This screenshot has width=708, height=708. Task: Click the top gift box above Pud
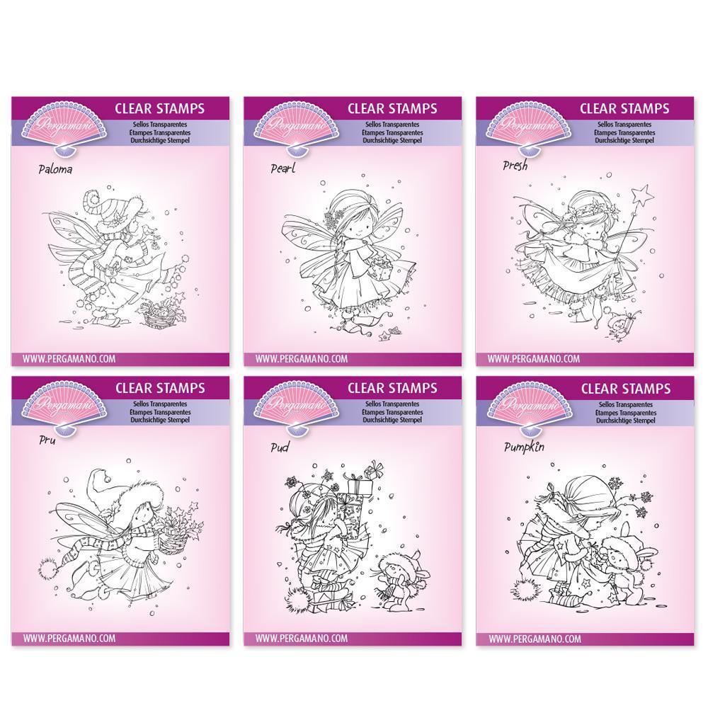[x=374, y=469]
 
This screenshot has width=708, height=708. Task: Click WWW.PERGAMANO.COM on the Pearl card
[x=302, y=359]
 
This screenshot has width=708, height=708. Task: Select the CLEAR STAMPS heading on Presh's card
[x=624, y=108]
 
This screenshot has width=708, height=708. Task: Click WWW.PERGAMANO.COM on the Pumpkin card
[x=534, y=639]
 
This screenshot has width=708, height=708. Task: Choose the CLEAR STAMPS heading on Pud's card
[x=392, y=387]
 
